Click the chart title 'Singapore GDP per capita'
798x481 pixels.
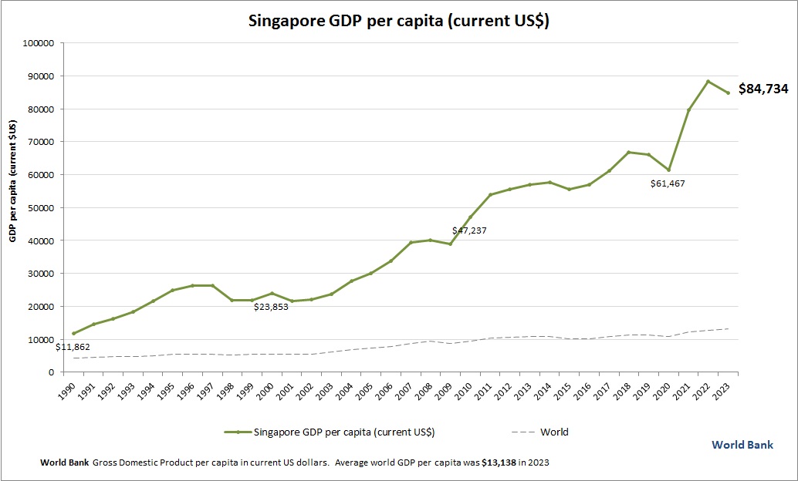[398, 21]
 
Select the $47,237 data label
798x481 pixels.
[469, 230]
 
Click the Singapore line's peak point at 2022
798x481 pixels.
[708, 81]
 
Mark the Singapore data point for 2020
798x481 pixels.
[668, 170]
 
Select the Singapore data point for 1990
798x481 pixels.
[74, 333]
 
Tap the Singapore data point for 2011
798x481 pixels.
[490, 194]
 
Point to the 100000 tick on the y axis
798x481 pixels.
[38, 43]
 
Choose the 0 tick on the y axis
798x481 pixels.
[50, 372]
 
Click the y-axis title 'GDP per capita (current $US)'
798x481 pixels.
[13, 182]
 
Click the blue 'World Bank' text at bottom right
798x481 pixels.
[742, 445]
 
